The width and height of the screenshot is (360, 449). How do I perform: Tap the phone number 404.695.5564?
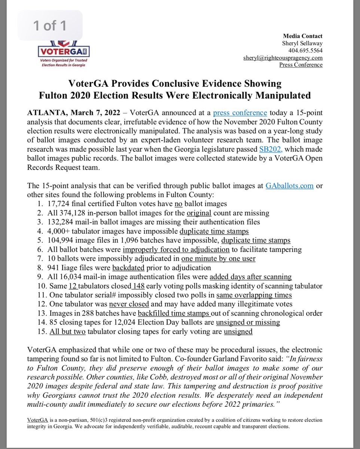tap(305, 51)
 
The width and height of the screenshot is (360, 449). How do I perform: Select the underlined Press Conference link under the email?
tap(301, 65)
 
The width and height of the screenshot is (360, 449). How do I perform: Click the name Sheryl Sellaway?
tap(302, 43)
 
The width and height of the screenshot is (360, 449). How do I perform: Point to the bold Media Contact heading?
tap(303, 36)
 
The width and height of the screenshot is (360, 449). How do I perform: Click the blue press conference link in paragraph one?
tap(240, 113)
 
